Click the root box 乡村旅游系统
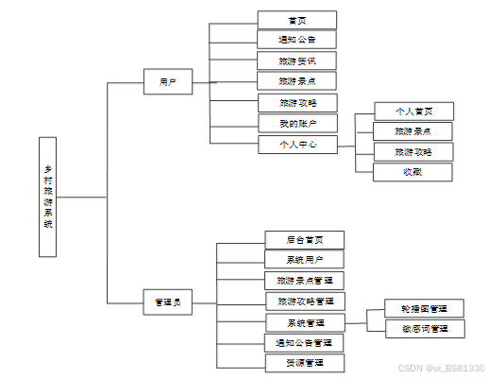(x=49, y=197)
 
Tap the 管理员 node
(x=167, y=302)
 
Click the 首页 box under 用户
(x=296, y=20)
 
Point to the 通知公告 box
(x=296, y=40)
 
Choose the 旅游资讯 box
(x=296, y=60)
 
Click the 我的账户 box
(x=296, y=123)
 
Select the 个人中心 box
(x=296, y=145)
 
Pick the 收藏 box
(x=412, y=172)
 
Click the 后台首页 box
(x=304, y=240)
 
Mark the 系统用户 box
(x=304, y=260)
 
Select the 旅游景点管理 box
(x=304, y=281)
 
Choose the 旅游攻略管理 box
(x=305, y=301)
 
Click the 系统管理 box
(x=305, y=322)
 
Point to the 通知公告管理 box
(x=304, y=342)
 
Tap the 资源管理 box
(x=304, y=363)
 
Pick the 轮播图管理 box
(x=425, y=308)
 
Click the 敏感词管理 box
(x=425, y=329)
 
